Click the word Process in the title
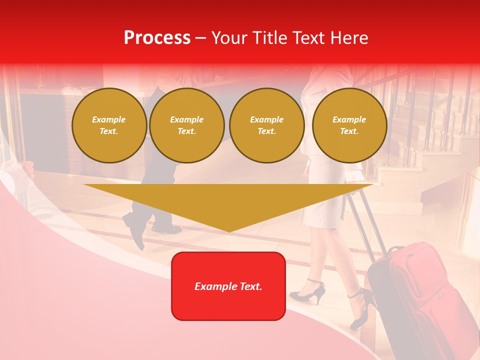[157, 38]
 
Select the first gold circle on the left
[109, 125]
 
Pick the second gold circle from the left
[187, 125]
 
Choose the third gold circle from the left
[267, 125]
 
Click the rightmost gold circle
[349, 125]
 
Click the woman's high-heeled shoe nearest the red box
[307, 292]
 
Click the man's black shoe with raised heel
[134, 227]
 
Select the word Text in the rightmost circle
[349, 131]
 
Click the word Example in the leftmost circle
[109, 119]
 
